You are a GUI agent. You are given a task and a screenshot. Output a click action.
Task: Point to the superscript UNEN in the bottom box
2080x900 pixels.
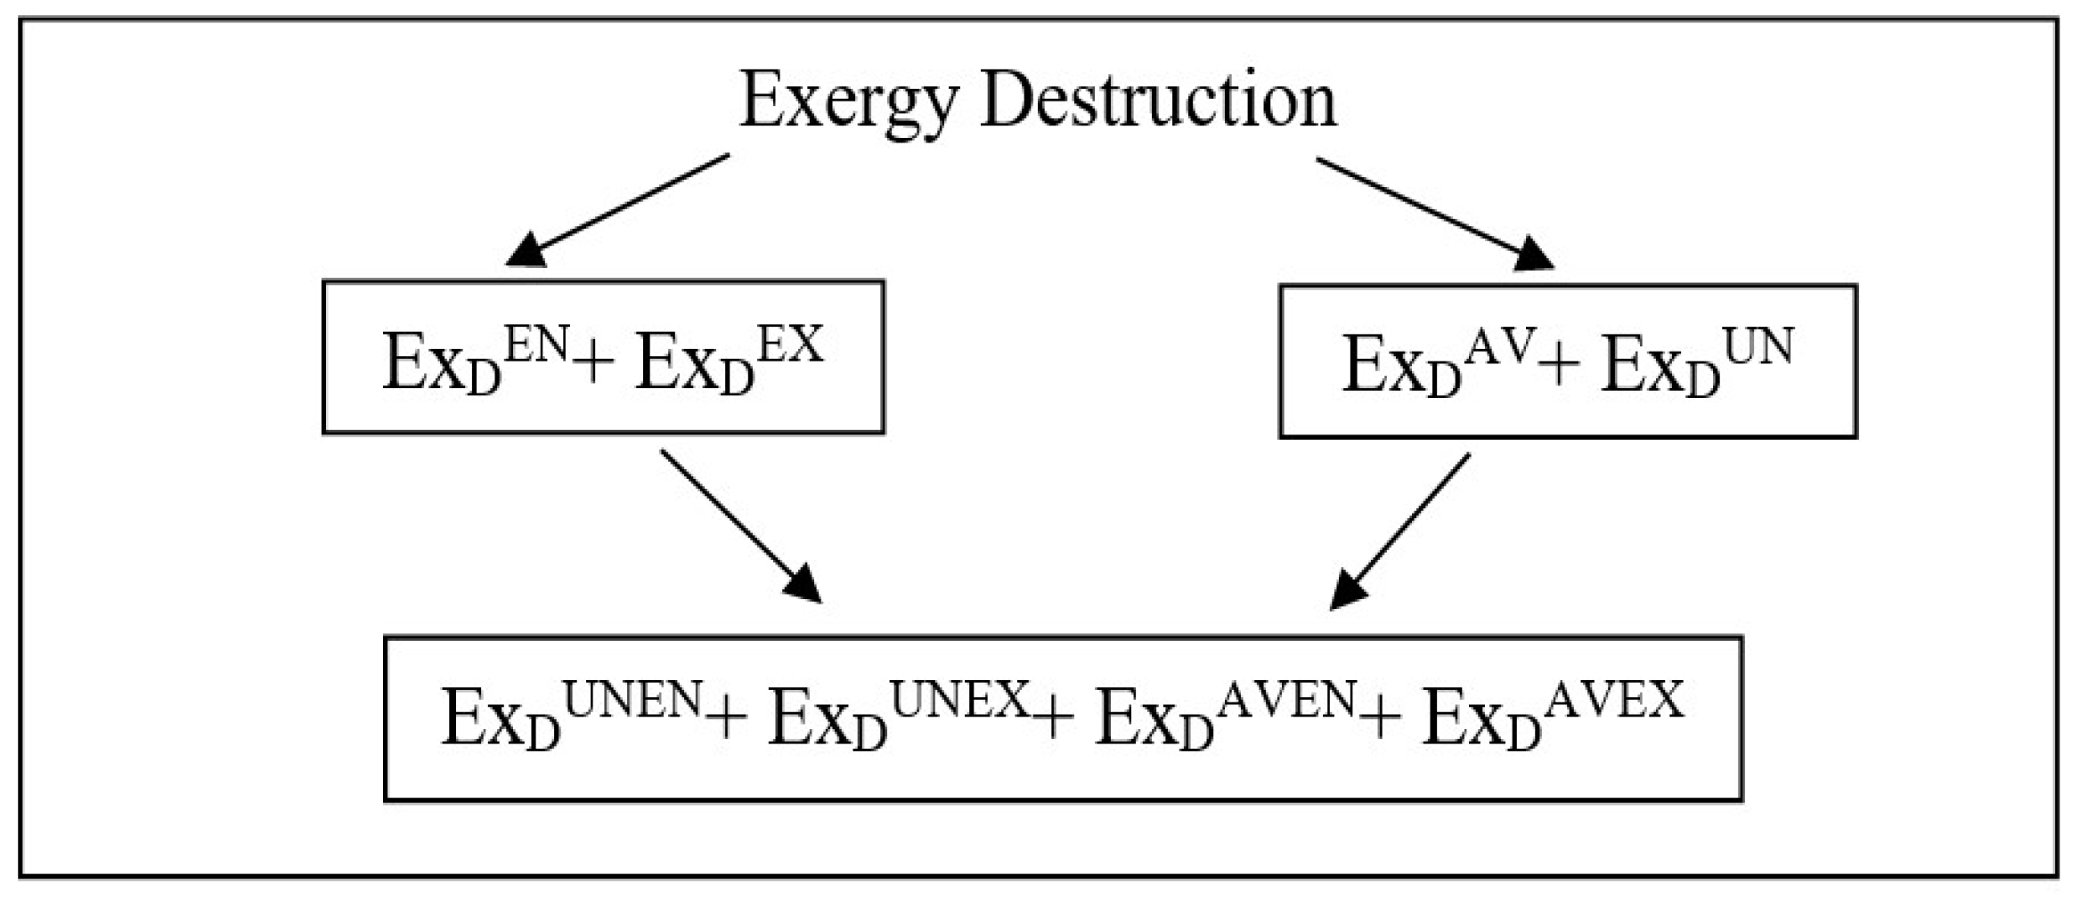[633, 701]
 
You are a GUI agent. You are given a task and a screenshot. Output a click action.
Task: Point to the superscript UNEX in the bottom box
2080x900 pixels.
[960, 701]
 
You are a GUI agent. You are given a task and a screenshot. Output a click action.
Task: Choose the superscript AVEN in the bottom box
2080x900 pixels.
[1287, 701]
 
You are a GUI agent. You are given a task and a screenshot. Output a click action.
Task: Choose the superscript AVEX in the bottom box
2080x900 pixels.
[1614, 701]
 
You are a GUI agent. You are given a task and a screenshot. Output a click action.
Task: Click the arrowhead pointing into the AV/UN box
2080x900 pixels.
[1534, 255]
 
